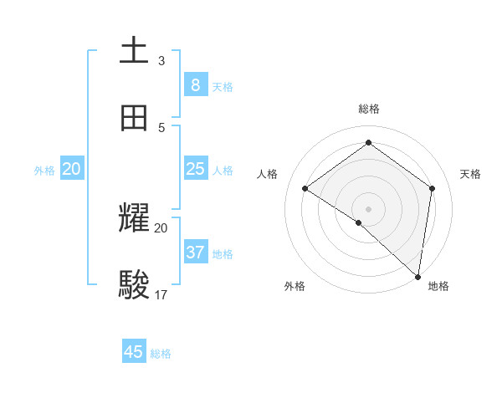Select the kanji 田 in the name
tap(134, 118)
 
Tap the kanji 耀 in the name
tap(134, 219)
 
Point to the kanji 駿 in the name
tap(134, 285)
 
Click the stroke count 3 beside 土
tap(161, 60)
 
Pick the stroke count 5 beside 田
tap(161, 127)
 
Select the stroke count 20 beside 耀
tap(161, 227)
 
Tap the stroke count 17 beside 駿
tap(161, 294)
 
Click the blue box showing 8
tap(196, 84)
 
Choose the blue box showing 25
tap(196, 169)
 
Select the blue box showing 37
tap(196, 252)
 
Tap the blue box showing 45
tap(134, 352)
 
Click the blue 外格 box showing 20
tap(72, 169)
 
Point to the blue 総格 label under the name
tap(161, 354)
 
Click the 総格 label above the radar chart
tap(369, 109)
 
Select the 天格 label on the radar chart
tap(470, 174)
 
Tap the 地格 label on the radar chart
tap(438, 286)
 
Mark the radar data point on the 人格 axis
tap(305, 189)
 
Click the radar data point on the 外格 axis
tap(359, 222)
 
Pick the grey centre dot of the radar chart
tap(369, 208)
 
